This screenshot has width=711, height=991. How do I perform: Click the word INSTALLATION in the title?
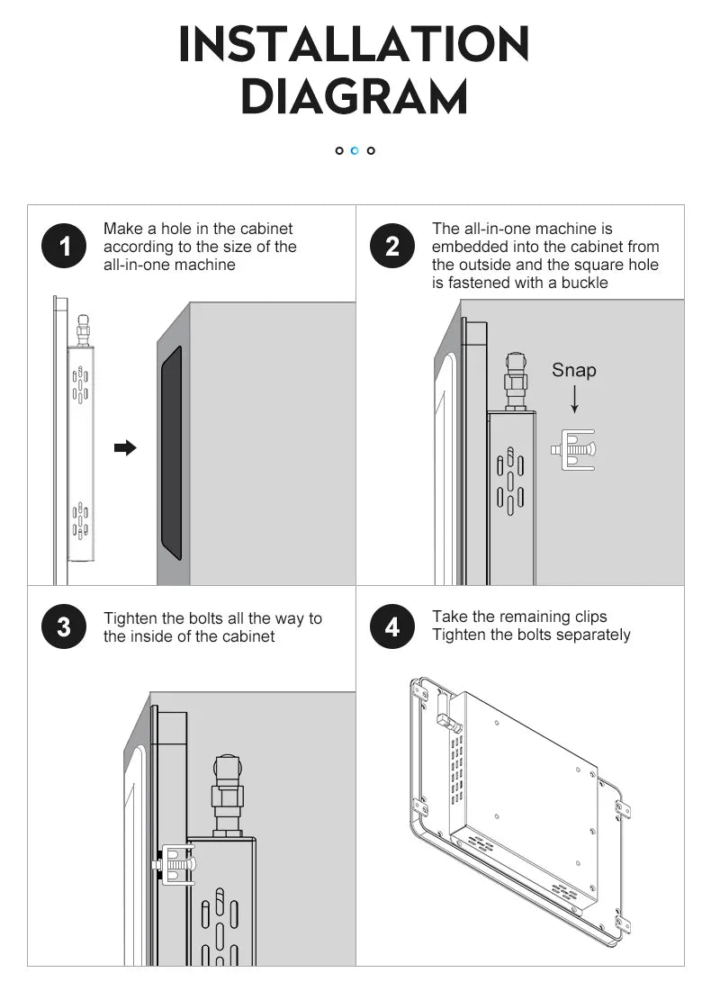355,45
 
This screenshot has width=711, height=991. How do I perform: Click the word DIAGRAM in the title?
355,97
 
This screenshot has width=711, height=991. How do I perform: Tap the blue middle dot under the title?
355,150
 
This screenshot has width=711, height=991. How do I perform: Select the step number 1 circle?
64,247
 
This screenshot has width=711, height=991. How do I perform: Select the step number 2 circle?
392,247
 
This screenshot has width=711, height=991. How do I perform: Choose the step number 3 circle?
64,626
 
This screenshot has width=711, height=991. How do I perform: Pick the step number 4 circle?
392,626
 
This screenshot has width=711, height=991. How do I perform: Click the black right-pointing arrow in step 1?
126,447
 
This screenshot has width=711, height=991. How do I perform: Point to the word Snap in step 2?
573,370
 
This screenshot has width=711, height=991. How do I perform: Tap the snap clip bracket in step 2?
572,449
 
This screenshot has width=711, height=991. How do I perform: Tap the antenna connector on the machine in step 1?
83,329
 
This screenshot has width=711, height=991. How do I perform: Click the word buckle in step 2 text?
585,283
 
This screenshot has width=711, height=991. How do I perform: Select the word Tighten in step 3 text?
130,618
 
